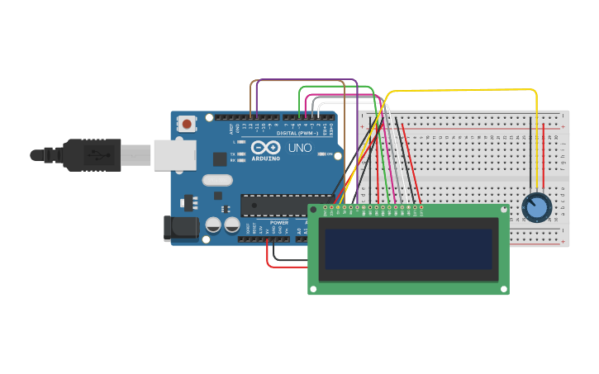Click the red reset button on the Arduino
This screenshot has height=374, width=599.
(x=187, y=125)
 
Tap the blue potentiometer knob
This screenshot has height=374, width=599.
(x=536, y=206)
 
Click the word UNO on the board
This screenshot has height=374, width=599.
(x=299, y=149)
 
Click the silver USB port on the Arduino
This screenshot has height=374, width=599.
(x=174, y=154)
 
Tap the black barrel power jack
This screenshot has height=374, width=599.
(x=179, y=228)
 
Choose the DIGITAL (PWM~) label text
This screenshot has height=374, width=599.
(x=298, y=133)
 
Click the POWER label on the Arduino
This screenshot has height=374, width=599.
(x=279, y=223)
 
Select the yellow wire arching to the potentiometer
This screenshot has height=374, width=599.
(x=463, y=89)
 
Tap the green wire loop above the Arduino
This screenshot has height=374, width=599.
(x=335, y=86)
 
